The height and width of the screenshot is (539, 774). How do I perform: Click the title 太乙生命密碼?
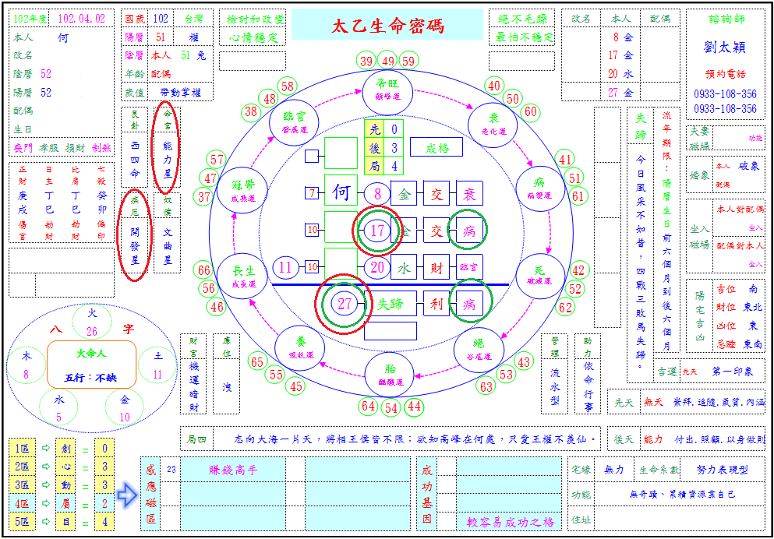tap(387, 26)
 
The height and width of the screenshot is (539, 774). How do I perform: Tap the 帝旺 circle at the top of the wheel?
tap(386, 90)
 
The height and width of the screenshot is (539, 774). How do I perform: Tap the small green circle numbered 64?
tap(369, 406)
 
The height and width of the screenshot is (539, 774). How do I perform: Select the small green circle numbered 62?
tap(565, 307)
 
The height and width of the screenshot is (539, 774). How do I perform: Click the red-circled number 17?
tap(378, 231)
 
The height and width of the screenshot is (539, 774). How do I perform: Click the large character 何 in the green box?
tap(341, 192)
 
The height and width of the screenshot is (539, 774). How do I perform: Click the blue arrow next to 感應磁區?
tap(126, 492)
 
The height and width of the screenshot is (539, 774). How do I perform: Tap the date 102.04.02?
tap(81, 19)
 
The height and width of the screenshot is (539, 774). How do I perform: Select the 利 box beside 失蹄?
tap(436, 304)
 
